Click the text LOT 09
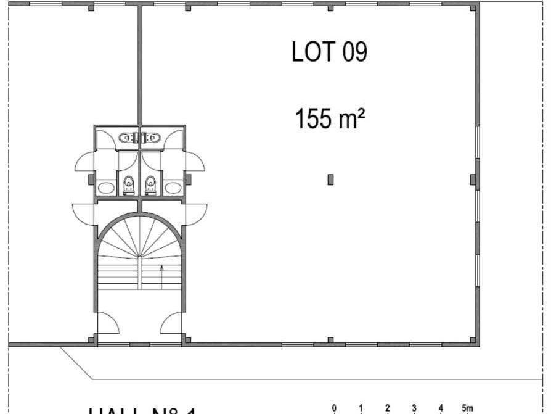tap(329, 52)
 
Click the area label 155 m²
tap(330, 118)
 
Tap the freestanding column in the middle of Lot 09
tap(330, 180)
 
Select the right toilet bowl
tap(150, 184)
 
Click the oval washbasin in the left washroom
tap(106, 187)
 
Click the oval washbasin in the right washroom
tap(173, 187)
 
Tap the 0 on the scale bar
tap(334, 407)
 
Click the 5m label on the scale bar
tap(467, 407)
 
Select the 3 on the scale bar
tap(414, 407)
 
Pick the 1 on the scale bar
tap(361, 407)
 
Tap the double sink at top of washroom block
tap(140, 138)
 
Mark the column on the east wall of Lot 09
tap(473, 180)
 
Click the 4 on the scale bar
tap(441, 407)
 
